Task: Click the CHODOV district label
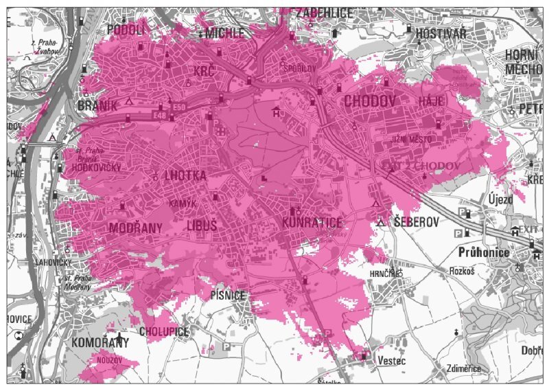pos(371,102)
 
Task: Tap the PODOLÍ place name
pos(126,29)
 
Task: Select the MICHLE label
pos(225,33)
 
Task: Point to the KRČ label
pos(204,71)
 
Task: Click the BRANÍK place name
pos(93,106)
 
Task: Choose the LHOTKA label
pos(185,176)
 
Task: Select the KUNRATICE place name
pos(312,223)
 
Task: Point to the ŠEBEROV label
pos(416,222)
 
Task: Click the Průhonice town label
pos(484,253)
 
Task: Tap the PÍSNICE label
pos(228,296)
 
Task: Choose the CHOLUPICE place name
pos(163,331)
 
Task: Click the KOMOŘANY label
pos(101,342)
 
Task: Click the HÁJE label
pos(432,101)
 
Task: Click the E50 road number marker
pos(180,107)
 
